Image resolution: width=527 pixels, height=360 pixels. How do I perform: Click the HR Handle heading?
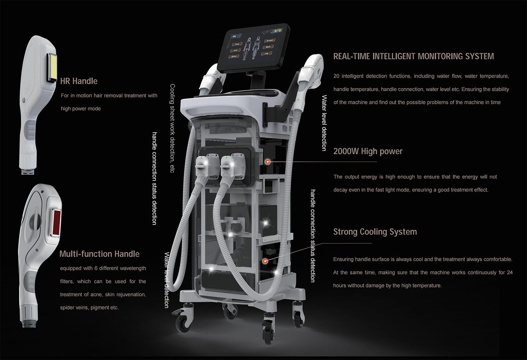[79, 81]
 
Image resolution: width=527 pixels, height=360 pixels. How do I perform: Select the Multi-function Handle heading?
[99, 254]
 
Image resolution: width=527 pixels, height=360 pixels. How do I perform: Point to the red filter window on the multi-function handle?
[56, 223]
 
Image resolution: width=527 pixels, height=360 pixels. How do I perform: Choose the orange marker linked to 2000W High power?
[268, 161]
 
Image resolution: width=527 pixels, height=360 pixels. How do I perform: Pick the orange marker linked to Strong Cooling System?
[265, 260]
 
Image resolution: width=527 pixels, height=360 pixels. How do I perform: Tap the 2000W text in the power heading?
[346, 151]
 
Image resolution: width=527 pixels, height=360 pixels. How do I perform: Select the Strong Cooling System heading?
[375, 232]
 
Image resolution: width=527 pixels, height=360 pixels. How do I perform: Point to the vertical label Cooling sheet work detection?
[172, 128]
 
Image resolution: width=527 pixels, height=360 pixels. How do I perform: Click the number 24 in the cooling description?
[509, 273]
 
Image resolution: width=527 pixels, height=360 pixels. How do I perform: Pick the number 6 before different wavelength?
[96, 268]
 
